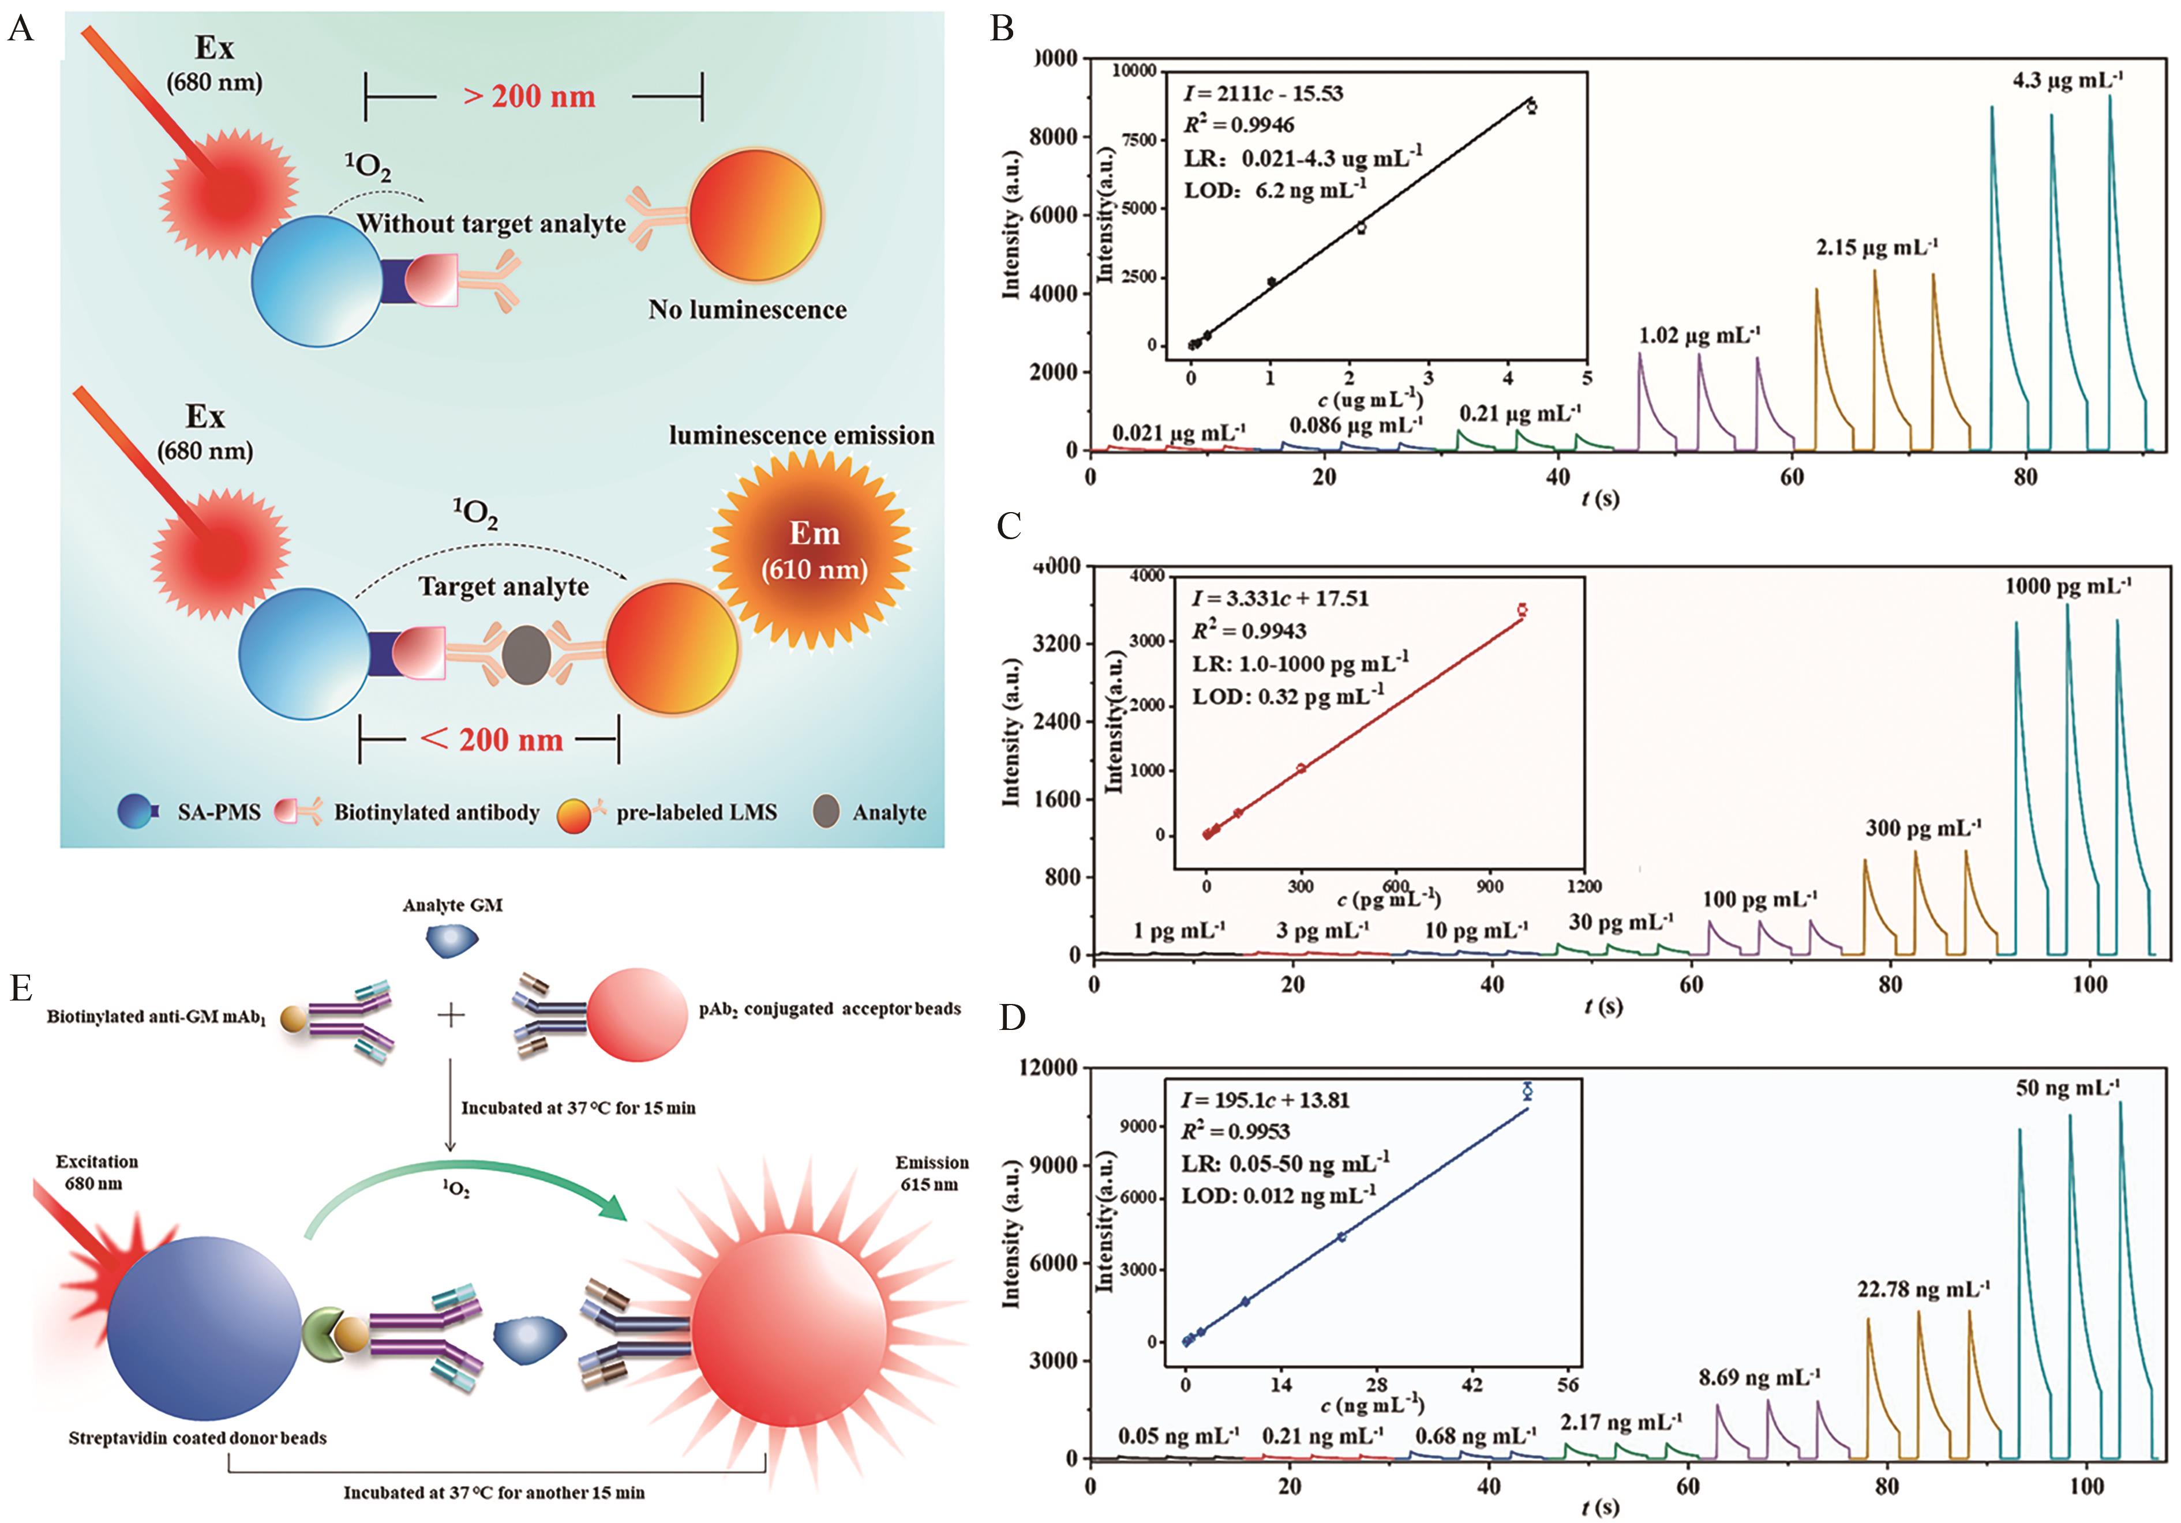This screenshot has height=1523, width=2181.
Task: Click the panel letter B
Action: click(x=1002, y=28)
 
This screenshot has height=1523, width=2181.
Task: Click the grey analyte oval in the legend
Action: click(x=826, y=812)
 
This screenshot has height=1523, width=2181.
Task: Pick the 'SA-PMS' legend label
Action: click(x=219, y=813)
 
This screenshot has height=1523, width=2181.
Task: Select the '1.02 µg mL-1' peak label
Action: click(x=1699, y=335)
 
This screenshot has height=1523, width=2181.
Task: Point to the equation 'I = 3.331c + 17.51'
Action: click(x=1280, y=598)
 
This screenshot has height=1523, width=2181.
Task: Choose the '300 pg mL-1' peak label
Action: click(x=1923, y=828)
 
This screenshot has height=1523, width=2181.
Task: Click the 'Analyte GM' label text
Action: click(x=452, y=905)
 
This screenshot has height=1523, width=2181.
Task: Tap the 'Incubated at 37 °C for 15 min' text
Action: click(x=578, y=1108)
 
